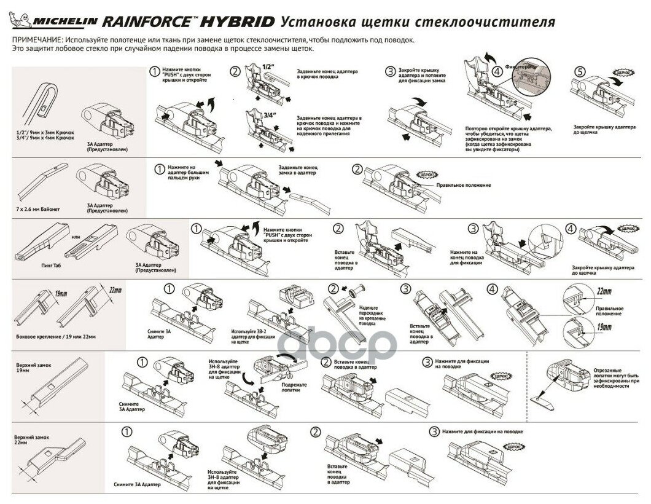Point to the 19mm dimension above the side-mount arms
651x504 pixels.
point(60,293)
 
